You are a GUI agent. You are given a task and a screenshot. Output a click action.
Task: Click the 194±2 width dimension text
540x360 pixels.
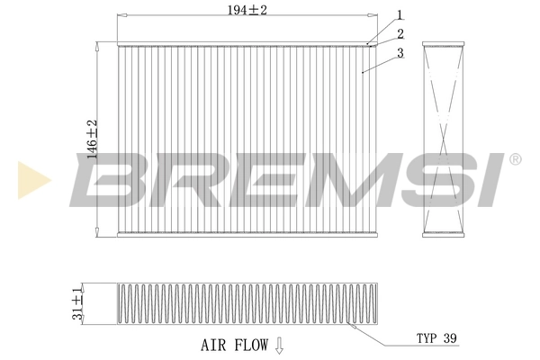(244, 9)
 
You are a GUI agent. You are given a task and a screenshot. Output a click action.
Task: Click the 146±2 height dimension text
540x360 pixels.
(91, 139)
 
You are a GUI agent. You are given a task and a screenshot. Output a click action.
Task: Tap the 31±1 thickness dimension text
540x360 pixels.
(79, 302)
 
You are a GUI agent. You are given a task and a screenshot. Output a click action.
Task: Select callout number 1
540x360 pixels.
(399, 14)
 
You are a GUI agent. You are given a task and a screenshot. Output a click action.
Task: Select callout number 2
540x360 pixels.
(399, 33)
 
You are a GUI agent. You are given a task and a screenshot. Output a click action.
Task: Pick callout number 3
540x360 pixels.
(399, 53)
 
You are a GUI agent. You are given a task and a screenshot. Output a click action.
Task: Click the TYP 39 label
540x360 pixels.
(436, 338)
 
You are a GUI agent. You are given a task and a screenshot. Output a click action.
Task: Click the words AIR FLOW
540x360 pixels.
(234, 343)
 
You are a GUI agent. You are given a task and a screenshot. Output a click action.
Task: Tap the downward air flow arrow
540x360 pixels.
(279, 343)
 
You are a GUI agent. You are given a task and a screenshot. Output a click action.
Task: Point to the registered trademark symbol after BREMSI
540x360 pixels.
(515, 159)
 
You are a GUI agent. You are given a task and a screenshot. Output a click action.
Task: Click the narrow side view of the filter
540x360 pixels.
(441, 139)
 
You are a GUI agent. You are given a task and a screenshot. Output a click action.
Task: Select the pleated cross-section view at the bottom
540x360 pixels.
(244, 303)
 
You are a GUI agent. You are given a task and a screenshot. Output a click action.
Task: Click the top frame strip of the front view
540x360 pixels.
(244, 43)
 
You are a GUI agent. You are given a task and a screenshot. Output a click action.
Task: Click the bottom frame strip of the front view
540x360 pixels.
(244, 235)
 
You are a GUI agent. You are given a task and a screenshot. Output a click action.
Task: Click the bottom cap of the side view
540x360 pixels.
(441, 235)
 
